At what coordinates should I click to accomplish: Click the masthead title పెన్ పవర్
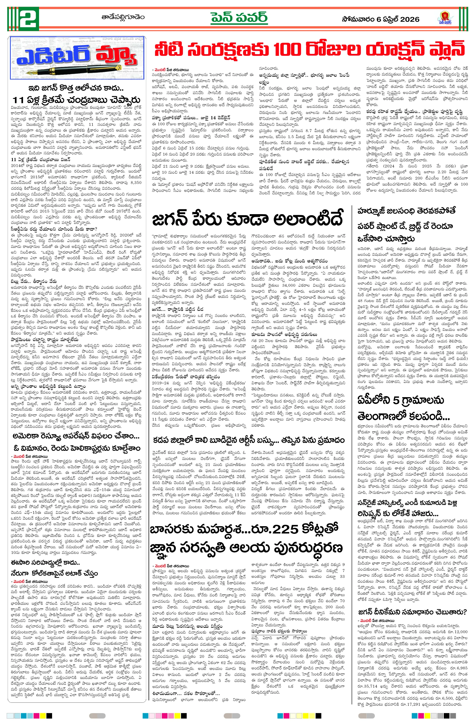click(x=239, y=18)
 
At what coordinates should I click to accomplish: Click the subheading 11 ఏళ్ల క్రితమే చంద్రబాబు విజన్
click(x=40, y=159)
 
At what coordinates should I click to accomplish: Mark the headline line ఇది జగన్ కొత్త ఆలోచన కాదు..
click(x=76, y=88)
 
